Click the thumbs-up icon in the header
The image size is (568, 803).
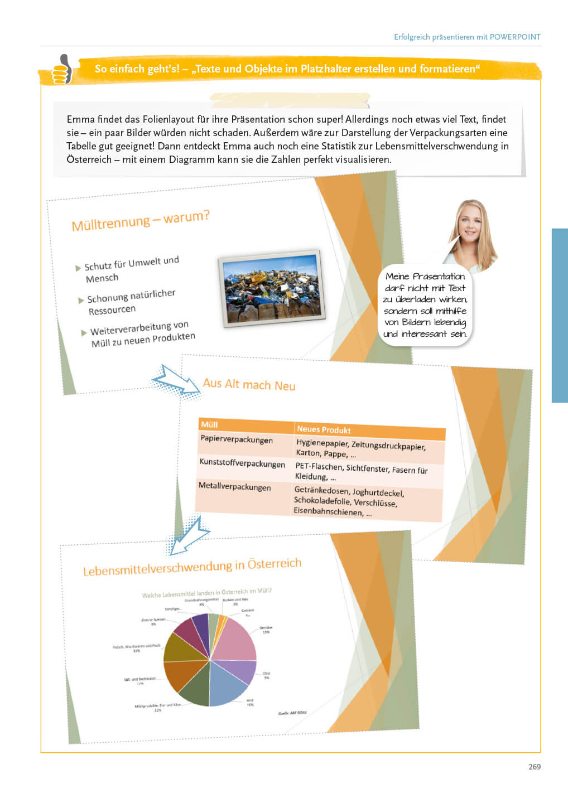pos(62,69)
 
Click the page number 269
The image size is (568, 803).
pos(534,767)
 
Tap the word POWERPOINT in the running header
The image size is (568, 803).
pos(515,37)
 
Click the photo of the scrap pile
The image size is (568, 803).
pos(272,288)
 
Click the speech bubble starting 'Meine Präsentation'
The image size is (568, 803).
pos(425,304)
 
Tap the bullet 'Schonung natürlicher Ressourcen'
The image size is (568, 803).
pos(131,302)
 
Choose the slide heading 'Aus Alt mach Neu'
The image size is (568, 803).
pos(249,384)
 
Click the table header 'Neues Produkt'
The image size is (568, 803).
pos(324,429)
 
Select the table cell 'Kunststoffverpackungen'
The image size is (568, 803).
pos(242,463)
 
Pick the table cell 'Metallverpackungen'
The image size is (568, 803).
pos(235,486)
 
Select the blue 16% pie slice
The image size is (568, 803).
pos(226,683)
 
